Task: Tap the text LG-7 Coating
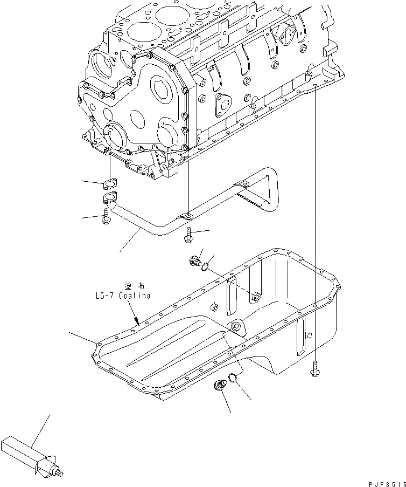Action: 121,296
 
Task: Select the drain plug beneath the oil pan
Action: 220,387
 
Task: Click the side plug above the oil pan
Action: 196,262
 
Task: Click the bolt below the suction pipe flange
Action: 106,217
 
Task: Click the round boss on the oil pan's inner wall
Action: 235,327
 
